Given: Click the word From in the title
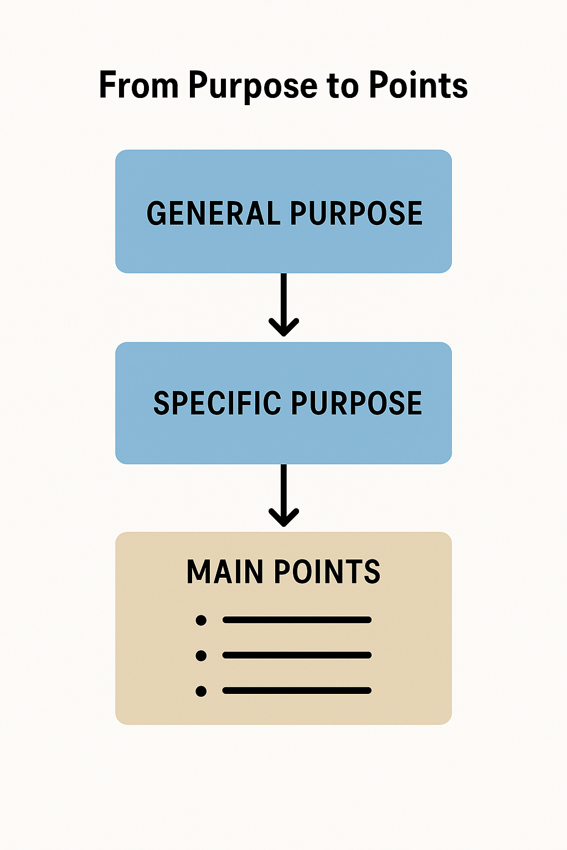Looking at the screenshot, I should click(138, 86).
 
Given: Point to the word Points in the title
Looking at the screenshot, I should click(418, 86).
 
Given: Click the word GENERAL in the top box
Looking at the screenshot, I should click(213, 214).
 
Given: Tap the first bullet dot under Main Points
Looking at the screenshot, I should click(201, 620).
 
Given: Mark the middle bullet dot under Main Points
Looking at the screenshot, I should click(201, 656).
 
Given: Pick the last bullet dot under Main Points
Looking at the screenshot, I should click(201, 691).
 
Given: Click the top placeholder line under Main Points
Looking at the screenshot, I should click(297, 620).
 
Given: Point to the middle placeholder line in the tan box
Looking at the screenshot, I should click(297, 655).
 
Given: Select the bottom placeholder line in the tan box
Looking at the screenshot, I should click(297, 691).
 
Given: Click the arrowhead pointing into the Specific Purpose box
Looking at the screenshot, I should click(283, 329).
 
